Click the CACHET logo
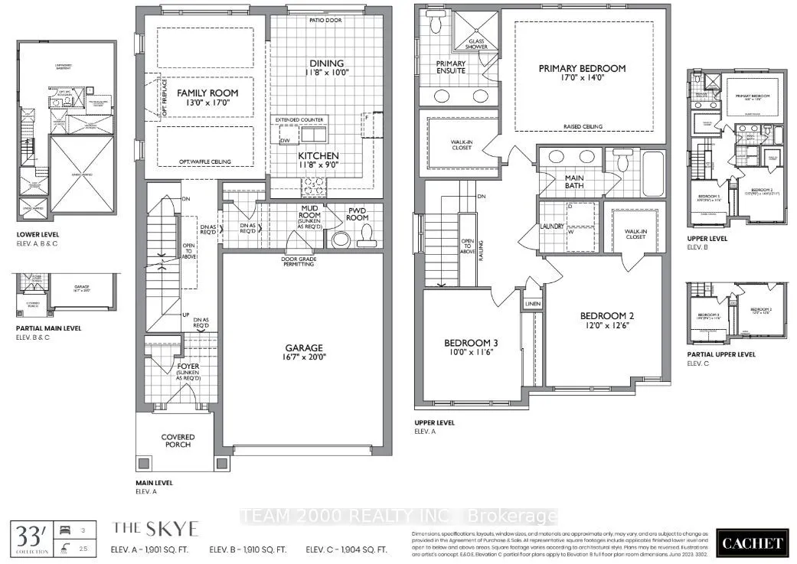753,544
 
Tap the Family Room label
207,98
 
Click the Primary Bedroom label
582,73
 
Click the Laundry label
552,227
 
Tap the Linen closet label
532,304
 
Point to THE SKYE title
155,528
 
